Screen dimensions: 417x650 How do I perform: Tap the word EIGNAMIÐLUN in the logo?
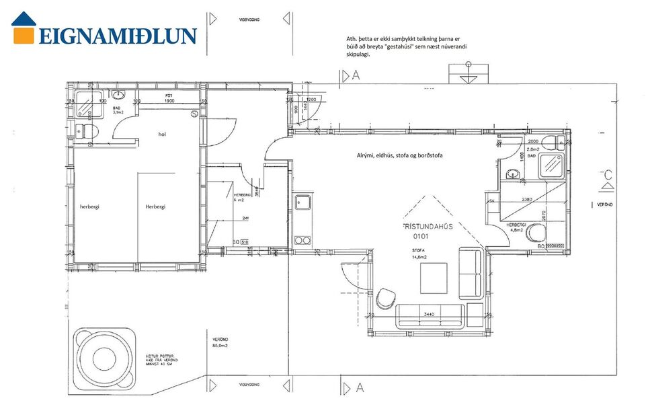[x=118, y=36]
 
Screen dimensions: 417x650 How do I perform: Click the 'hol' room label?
[x=162, y=135]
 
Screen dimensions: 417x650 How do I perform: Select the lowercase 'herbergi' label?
[x=89, y=206]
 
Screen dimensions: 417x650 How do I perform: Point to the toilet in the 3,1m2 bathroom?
[x=88, y=131]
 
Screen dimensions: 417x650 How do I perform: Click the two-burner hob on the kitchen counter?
[x=302, y=240]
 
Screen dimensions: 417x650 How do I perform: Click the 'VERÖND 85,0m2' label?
[x=220, y=343]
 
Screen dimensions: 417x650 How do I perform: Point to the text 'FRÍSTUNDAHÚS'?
[x=427, y=227]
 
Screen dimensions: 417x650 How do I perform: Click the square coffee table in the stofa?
[x=434, y=278]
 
